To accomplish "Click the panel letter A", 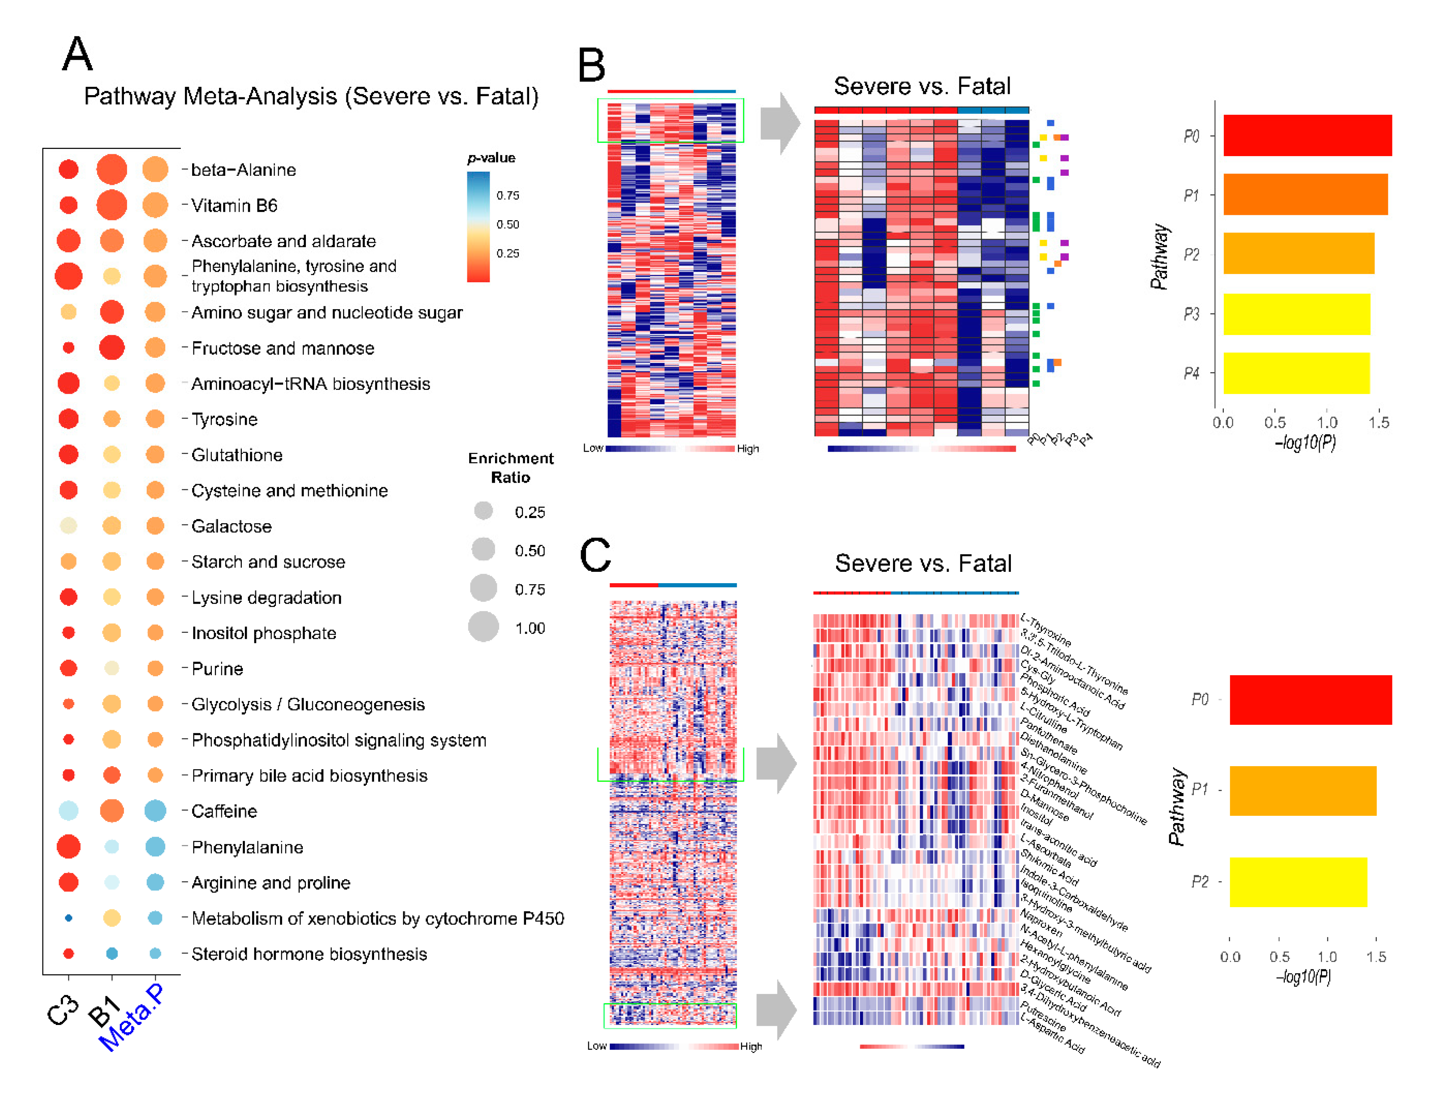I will click(77, 54).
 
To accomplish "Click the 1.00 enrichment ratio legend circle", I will click(483, 627).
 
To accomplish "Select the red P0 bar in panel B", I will click(1307, 136).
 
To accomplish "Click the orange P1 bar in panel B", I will click(1305, 194).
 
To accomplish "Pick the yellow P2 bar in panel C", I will click(1298, 882).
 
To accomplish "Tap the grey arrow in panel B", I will click(780, 123).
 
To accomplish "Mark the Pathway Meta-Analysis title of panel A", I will click(311, 96).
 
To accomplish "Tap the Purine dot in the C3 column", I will click(69, 668).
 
